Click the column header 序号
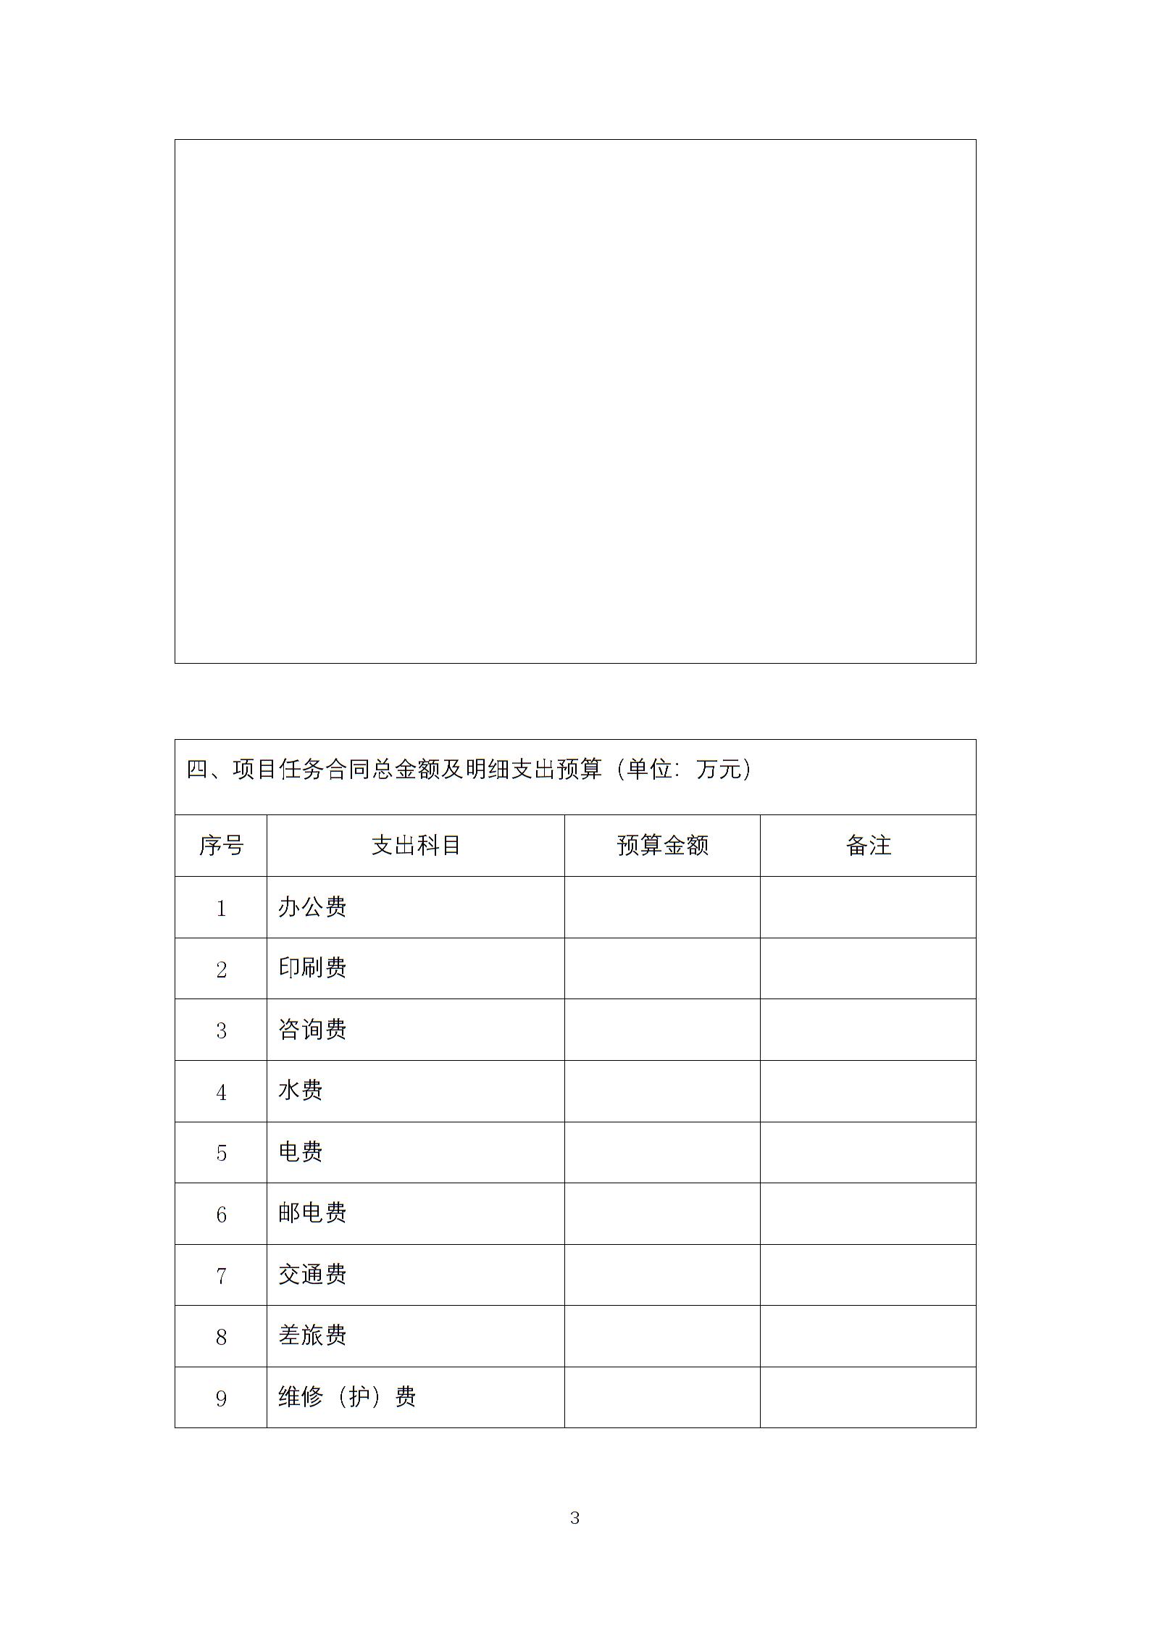(x=221, y=845)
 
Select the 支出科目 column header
(x=416, y=845)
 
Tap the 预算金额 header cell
(x=662, y=845)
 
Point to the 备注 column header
(x=868, y=845)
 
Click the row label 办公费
(x=312, y=906)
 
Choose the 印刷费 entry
(x=312, y=968)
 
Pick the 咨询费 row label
(x=312, y=1029)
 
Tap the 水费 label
(x=300, y=1091)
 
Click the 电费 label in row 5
(x=300, y=1151)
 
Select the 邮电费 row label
(x=312, y=1213)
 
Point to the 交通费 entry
(x=312, y=1274)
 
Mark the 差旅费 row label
(x=312, y=1335)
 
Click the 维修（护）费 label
(x=347, y=1396)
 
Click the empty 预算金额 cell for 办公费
(x=662, y=907)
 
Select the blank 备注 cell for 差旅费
(x=868, y=1336)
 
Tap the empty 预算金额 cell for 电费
(x=662, y=1152)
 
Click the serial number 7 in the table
(x=221, y=1275)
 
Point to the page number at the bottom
(x=574, y=1518)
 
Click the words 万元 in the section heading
(x=719, y=769)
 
